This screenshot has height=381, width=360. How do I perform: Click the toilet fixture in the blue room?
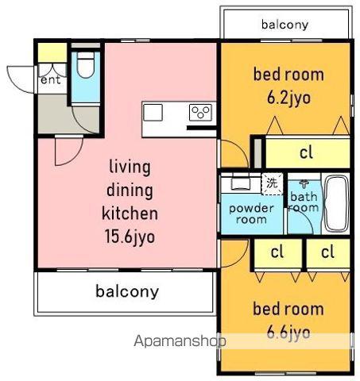(x=86, y=64)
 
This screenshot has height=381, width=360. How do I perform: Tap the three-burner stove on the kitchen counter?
(x=200, y=113)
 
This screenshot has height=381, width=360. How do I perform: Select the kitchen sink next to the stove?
(x=153, y=113)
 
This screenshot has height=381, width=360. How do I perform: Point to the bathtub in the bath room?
(x=336, y=203)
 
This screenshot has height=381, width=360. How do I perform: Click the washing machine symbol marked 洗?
(x=272, y=183)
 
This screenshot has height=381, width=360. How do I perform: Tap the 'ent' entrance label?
(x=51, y=80)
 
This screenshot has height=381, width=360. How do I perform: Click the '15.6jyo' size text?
(x=130, y=237)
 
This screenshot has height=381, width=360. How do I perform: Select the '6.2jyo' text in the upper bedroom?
(x=288, y=98)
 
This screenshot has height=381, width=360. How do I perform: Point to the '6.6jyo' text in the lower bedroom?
(x=288, y=333)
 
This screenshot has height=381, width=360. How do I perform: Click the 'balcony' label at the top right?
(x=285, y=25)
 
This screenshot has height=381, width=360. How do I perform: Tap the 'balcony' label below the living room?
(x=127, y=291)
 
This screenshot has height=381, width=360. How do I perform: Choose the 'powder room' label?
(x=251, y=214)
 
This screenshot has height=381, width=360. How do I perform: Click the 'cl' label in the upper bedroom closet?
(x=306, y=152)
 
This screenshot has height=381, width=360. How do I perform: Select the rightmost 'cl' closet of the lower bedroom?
(x=327, y=252)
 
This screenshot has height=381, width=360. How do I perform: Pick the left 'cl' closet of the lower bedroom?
(x=277, y=252)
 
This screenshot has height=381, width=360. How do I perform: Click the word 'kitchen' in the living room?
(x=130, y=213)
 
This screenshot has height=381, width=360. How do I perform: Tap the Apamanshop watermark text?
(x=180, y=341)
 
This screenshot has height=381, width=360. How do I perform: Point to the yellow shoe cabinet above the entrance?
(x=52, y=52)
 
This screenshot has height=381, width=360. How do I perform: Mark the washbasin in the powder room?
(x=241, y=183)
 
